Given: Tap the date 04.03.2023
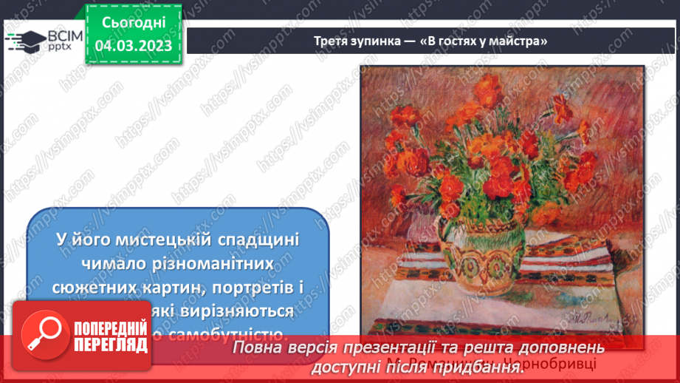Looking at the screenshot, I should [134, 46].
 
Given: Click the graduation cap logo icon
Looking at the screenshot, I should [24, 40].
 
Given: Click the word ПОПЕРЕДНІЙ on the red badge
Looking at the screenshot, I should [108, 327].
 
